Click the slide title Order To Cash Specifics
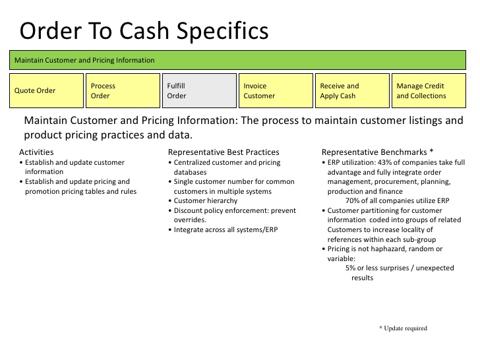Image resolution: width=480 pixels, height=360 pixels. (x=144, y=31)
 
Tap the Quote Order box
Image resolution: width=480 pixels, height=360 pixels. (x=46, y=90)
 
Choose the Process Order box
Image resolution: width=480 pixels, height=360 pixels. (x=123, y=90)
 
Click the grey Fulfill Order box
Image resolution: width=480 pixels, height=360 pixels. (x=199, y=90)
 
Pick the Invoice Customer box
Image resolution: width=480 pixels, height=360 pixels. (x=276, y=90)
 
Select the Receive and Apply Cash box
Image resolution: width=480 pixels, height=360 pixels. (x=352, y=90)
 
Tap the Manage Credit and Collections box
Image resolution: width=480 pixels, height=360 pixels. (x=429, y=90)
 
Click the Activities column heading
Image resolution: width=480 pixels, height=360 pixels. (x=36, y=152)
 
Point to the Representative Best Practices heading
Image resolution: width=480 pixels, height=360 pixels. (x=224, y=152)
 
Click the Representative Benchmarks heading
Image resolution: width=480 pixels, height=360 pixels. (x=377, y=152)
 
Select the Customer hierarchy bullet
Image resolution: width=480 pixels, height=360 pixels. (x=207, y=200)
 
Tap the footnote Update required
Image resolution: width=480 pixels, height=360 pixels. (x=403, y=328)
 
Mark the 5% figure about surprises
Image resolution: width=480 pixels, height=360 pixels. (x=351, y=268)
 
